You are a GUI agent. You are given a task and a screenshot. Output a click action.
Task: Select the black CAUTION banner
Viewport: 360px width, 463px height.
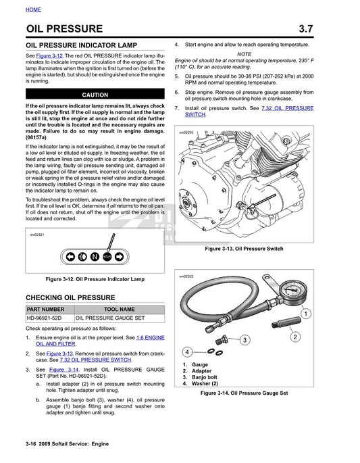pos(95,95)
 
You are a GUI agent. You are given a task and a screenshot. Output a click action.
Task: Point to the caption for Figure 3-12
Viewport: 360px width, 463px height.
pos(95,279)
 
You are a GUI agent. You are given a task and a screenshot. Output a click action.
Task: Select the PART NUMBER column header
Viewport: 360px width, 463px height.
pos(45,310)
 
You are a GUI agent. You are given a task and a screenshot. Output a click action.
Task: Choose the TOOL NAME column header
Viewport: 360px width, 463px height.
pos(118,310)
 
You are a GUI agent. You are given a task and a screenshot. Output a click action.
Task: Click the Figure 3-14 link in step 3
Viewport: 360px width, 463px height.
pos(61,370)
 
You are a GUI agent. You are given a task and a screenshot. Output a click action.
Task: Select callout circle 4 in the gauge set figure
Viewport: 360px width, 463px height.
pos(187,351)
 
